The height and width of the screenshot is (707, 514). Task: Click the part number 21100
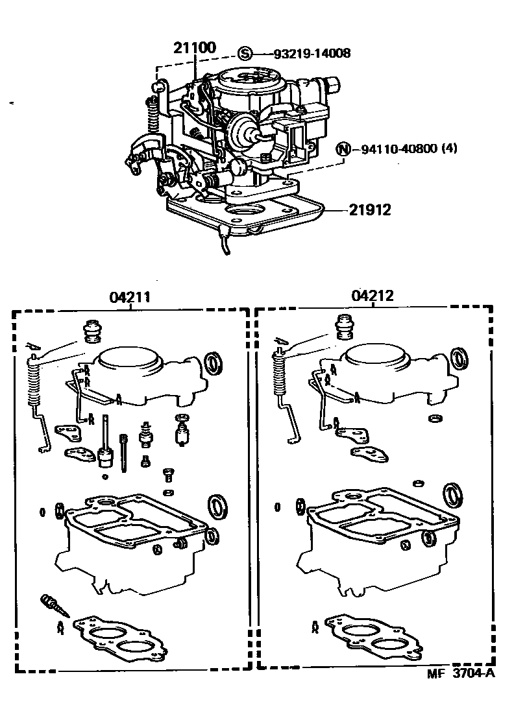pyautogui.click(x=194, y=47)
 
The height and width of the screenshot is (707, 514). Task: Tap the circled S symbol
pyautogui.click(x=245, y=53)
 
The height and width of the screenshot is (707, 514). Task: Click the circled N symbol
pyautogui.click(x=342, y=149)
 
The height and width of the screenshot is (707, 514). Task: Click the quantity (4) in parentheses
pyautogui.click(x=449, y=149)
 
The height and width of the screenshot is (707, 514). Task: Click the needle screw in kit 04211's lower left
pyautogui.click(x=52, y=605)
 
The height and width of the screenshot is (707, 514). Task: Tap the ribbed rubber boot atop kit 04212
pyautogui.click(x=343, y=326)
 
